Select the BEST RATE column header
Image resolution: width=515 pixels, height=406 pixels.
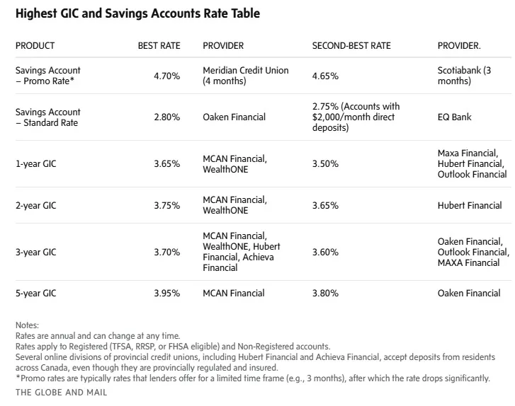click(159, 46)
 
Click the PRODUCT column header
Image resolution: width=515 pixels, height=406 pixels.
click(35, 46)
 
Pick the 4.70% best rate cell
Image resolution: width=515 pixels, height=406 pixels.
click(166, 76)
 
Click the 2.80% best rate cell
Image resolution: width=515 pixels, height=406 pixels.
click(166, 117)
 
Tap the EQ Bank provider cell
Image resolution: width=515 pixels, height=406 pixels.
click(454, 117)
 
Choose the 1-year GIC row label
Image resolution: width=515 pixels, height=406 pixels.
click(37, 163)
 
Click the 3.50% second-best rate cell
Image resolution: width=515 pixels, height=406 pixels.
click(325, 163)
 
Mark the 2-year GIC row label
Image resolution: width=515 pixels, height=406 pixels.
click(37, 206)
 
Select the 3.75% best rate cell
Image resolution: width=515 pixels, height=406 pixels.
click(166, 206)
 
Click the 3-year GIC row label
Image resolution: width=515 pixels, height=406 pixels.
click(37, 252)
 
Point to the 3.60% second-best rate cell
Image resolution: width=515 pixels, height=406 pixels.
click(325, 252)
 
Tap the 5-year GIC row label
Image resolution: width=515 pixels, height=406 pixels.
click(37, 293)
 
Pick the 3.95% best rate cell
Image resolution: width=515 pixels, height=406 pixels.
click(166, 293)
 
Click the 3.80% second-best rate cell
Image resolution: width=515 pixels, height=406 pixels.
click(325, 293)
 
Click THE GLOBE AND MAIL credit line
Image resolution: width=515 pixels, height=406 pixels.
click(61, 391)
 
